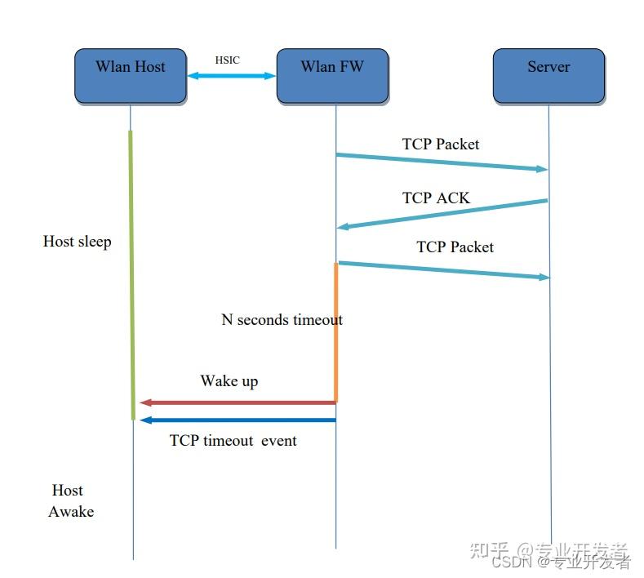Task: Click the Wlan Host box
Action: tap(131, 75)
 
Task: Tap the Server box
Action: tap(549, 75)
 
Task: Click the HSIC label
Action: tap(227, 60)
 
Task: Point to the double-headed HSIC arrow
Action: tap(232, 76)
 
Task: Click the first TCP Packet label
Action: tap(441, 144)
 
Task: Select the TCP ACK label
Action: tap(436, 198)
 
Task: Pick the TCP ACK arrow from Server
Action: tap(442, 214)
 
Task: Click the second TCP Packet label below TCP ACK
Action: tap(455, 247)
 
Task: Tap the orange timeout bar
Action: tap(335, 331)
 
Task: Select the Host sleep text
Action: tap(77, 242)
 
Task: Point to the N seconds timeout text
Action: tap(282, 320)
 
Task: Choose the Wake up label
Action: tap(229, 381)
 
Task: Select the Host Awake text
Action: tap(70, 501)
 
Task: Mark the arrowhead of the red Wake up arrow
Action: tap(145, 402)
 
